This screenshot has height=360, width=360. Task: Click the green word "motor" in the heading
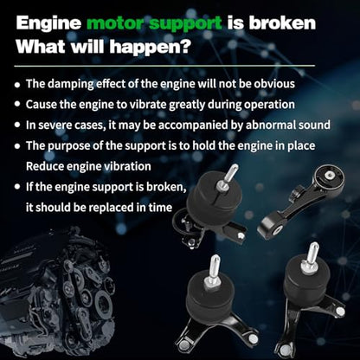click(x=115, y=23)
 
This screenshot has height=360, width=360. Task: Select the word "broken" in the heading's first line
click(x=282, y=22)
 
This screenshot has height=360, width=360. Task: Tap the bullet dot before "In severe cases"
click(x=18, y=125)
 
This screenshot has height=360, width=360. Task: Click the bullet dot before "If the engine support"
click(x=18, y=187)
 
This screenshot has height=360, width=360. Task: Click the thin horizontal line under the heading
click(x=164, y=66)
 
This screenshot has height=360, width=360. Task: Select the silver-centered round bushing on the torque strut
click(x=329, y=175)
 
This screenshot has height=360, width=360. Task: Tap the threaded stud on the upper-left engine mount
click(x=230, y=175)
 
